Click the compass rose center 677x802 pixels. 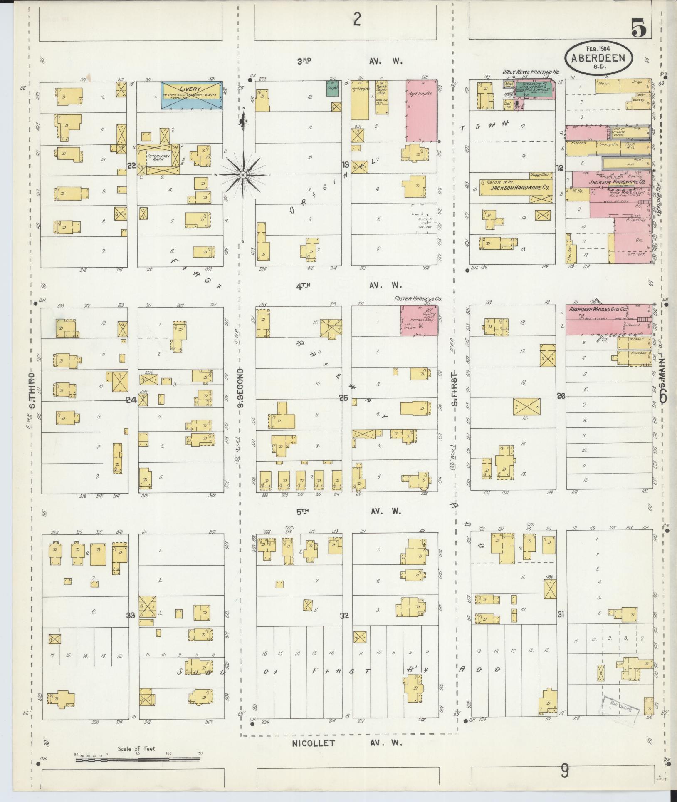click(x=242, y=175)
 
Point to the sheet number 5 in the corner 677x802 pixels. click(x=639, y=29)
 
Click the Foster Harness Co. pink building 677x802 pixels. click(x=419, y=320)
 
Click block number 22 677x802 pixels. click(x=131, y=166)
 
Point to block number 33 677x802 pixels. click(x=131, y=616)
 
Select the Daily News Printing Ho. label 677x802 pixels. click(x=531, y=72)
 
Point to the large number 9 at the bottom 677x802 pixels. click(x=564, y=772)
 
